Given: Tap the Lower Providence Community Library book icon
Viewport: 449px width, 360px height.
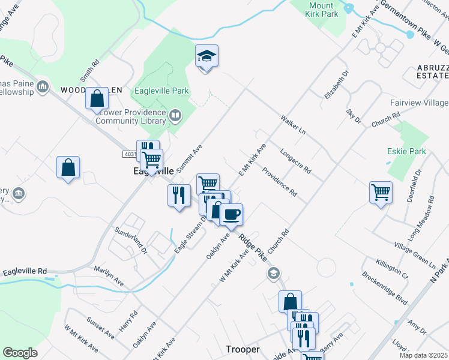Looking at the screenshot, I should (x=175, y=114).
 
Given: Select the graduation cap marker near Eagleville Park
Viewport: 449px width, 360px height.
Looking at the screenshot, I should (x=206, y=57).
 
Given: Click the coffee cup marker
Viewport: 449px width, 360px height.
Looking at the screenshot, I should (x=231, y=214).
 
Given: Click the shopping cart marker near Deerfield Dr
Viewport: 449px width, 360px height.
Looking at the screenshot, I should (x=381, y=193).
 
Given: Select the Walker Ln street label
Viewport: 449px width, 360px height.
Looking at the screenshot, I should (x=293, y=124).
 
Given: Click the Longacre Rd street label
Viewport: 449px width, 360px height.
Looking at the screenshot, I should (x=295, y=161).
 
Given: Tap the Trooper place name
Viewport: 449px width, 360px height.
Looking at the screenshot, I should (x=243, y=349).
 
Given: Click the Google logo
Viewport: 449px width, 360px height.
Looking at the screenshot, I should (x=20, y=353).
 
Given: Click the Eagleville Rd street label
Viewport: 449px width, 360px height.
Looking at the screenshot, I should (x=25, y=272).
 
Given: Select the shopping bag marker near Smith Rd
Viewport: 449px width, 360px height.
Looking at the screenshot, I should (x=97, y=98).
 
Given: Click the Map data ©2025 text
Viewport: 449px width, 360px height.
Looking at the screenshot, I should (x=423, y=355).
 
